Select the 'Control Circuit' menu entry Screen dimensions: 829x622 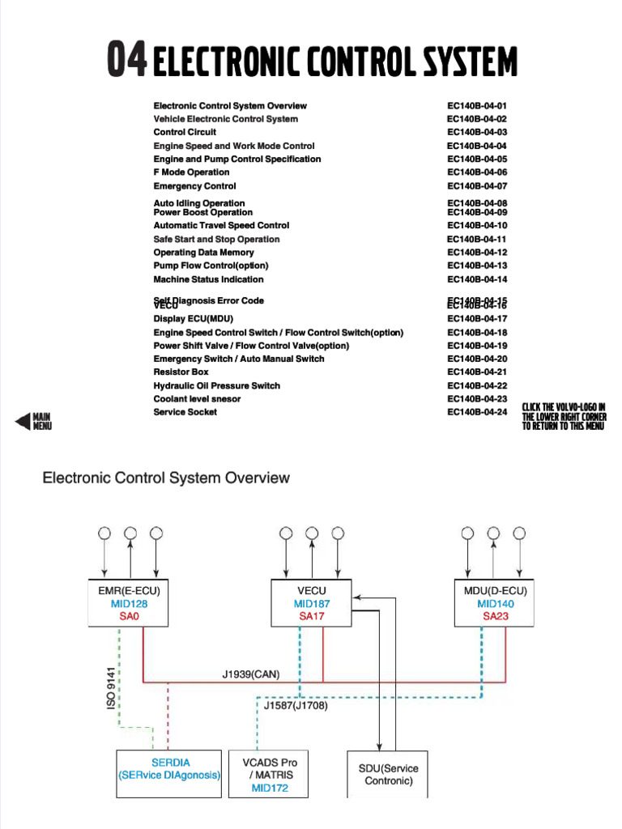tap(185, 132)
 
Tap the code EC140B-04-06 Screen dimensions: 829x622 tap(476, 172)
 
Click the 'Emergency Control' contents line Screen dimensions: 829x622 tap(194, 186)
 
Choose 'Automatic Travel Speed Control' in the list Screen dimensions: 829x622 tap(221, 226)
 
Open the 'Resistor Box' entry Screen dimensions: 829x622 tap(181, 372)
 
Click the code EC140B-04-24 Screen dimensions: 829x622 tap(476, 412)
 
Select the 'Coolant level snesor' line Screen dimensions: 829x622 tap(197, 399)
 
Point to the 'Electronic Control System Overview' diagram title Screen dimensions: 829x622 tap(165, 478)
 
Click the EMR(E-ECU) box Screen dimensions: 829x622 tap(129, 603)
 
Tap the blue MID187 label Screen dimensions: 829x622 tap(312, 604)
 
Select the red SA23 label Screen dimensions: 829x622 tap(495, 616)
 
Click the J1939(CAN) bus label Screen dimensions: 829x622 tap(250, 674)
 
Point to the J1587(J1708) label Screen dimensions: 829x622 tap(296, 705)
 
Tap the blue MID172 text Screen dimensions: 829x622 tap(270, 788)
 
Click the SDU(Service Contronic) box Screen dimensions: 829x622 tap(388, 775)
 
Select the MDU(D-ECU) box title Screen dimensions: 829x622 tap(495, 591)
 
